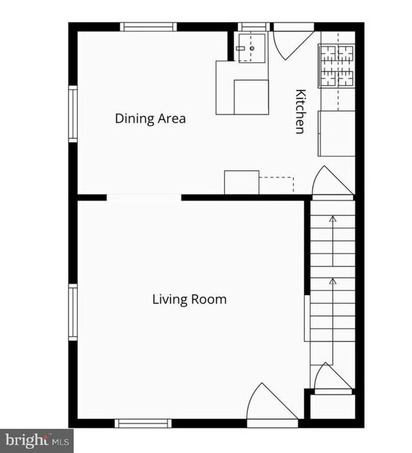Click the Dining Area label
tap(150, 118)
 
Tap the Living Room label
tap(190, 299)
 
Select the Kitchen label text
tap(300, 112)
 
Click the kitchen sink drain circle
tap(252, 48)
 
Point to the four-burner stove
tap(337, 66)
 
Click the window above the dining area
tap(148, 27)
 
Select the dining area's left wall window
tap(73, 114)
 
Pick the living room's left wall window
tap(73, 312)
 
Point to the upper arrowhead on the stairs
tap(333, 219)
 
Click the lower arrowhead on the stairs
tap(333, 281)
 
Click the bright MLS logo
tap(37, 441)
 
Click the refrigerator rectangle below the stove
tap(337, 134)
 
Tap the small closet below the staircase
tap(333, 407)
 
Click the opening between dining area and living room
tap(144, 198)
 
